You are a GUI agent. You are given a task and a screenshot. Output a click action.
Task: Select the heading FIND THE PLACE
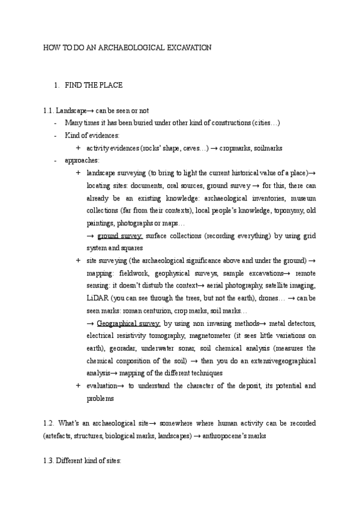click(x=94, y=85)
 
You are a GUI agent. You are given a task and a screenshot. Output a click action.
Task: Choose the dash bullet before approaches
click(x=55, y=161)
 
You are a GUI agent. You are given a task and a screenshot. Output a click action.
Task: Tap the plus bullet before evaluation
click(x=79, y=386)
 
